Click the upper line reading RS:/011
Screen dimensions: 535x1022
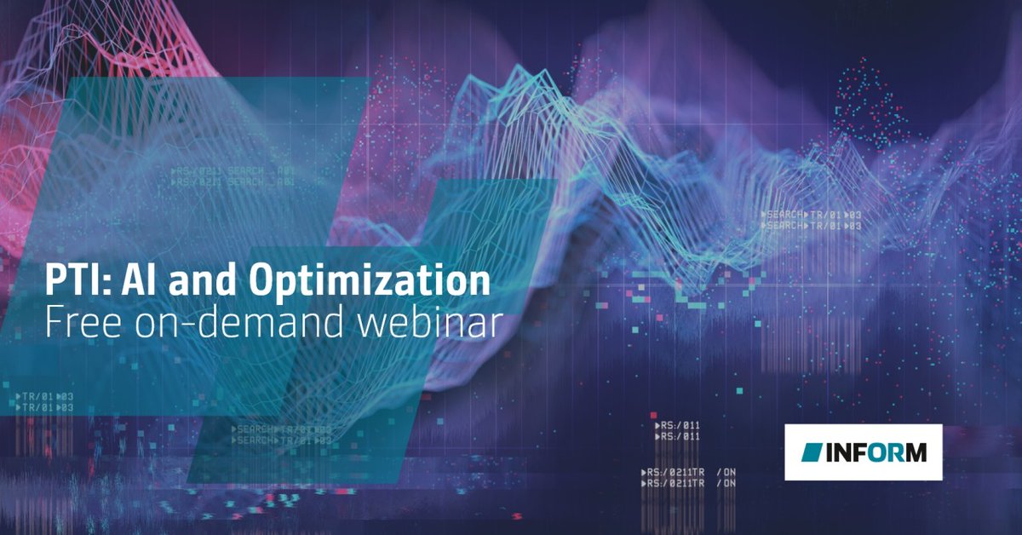[676, 425]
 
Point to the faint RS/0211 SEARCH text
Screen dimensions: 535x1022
[233, 172]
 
